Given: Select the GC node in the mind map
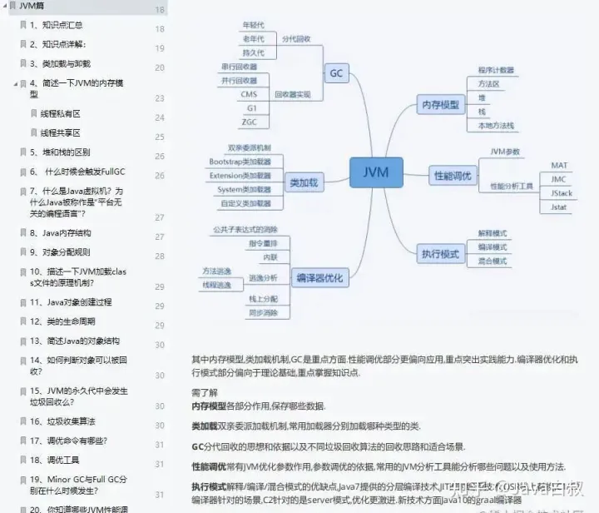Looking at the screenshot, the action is pyautogui.click(x=336, y=73).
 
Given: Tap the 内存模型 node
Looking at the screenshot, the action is pyautogui.click(x=441, y=104).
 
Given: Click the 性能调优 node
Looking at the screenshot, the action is pyautogui.click(x=453, y=176).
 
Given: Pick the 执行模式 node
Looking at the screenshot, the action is pyautogui.click(x=441, y=253).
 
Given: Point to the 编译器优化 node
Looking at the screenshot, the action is pyautogui.click(x=319, y=278).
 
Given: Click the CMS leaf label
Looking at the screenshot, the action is pyautogui.click(x=249, y=94).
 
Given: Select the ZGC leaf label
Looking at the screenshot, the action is pyautogui.click(x=249, y=122).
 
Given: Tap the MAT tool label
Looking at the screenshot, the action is pyautogui.click(x=559, y=165).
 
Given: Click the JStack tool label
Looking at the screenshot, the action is pyautogui.click(x=561, y=192).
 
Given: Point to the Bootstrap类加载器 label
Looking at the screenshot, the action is pyautogui.click(x=240, y=162).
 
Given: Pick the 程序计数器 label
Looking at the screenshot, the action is pyautogui.click(x=496, y=70).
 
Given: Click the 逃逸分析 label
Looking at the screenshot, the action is pyautogui.click(x=263, y=277).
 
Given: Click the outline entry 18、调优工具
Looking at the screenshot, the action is pyautogui.click(x=61, y=460).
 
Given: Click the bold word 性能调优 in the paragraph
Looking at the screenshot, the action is pyautogui.click(x=209, y=466).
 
